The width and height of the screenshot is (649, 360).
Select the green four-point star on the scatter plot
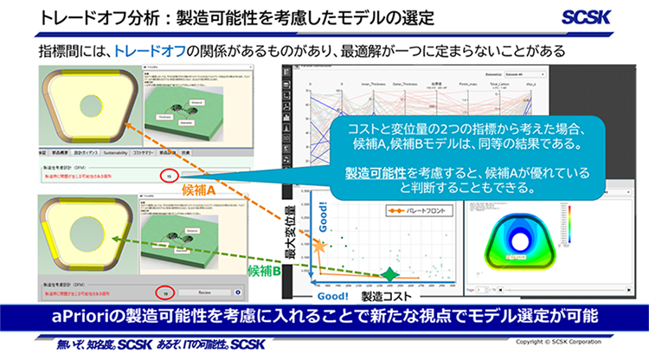tap(390, 274)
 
